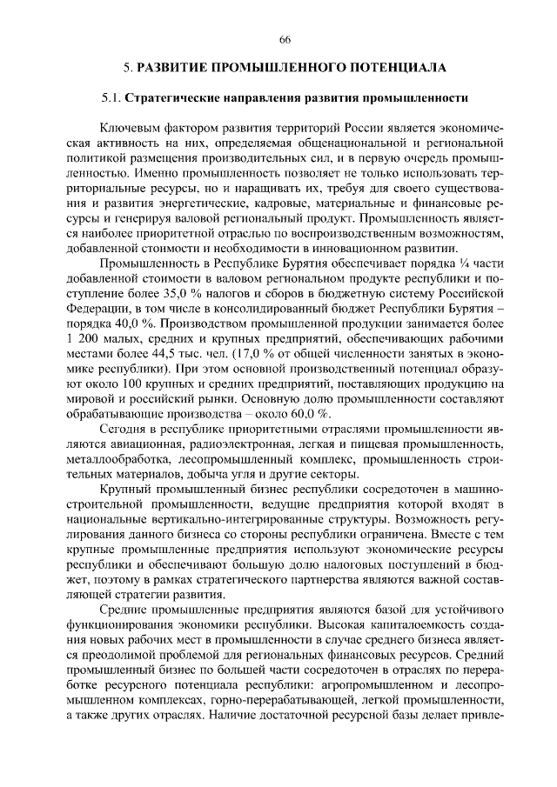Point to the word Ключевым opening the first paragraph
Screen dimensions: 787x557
click(x=129, y=127)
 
